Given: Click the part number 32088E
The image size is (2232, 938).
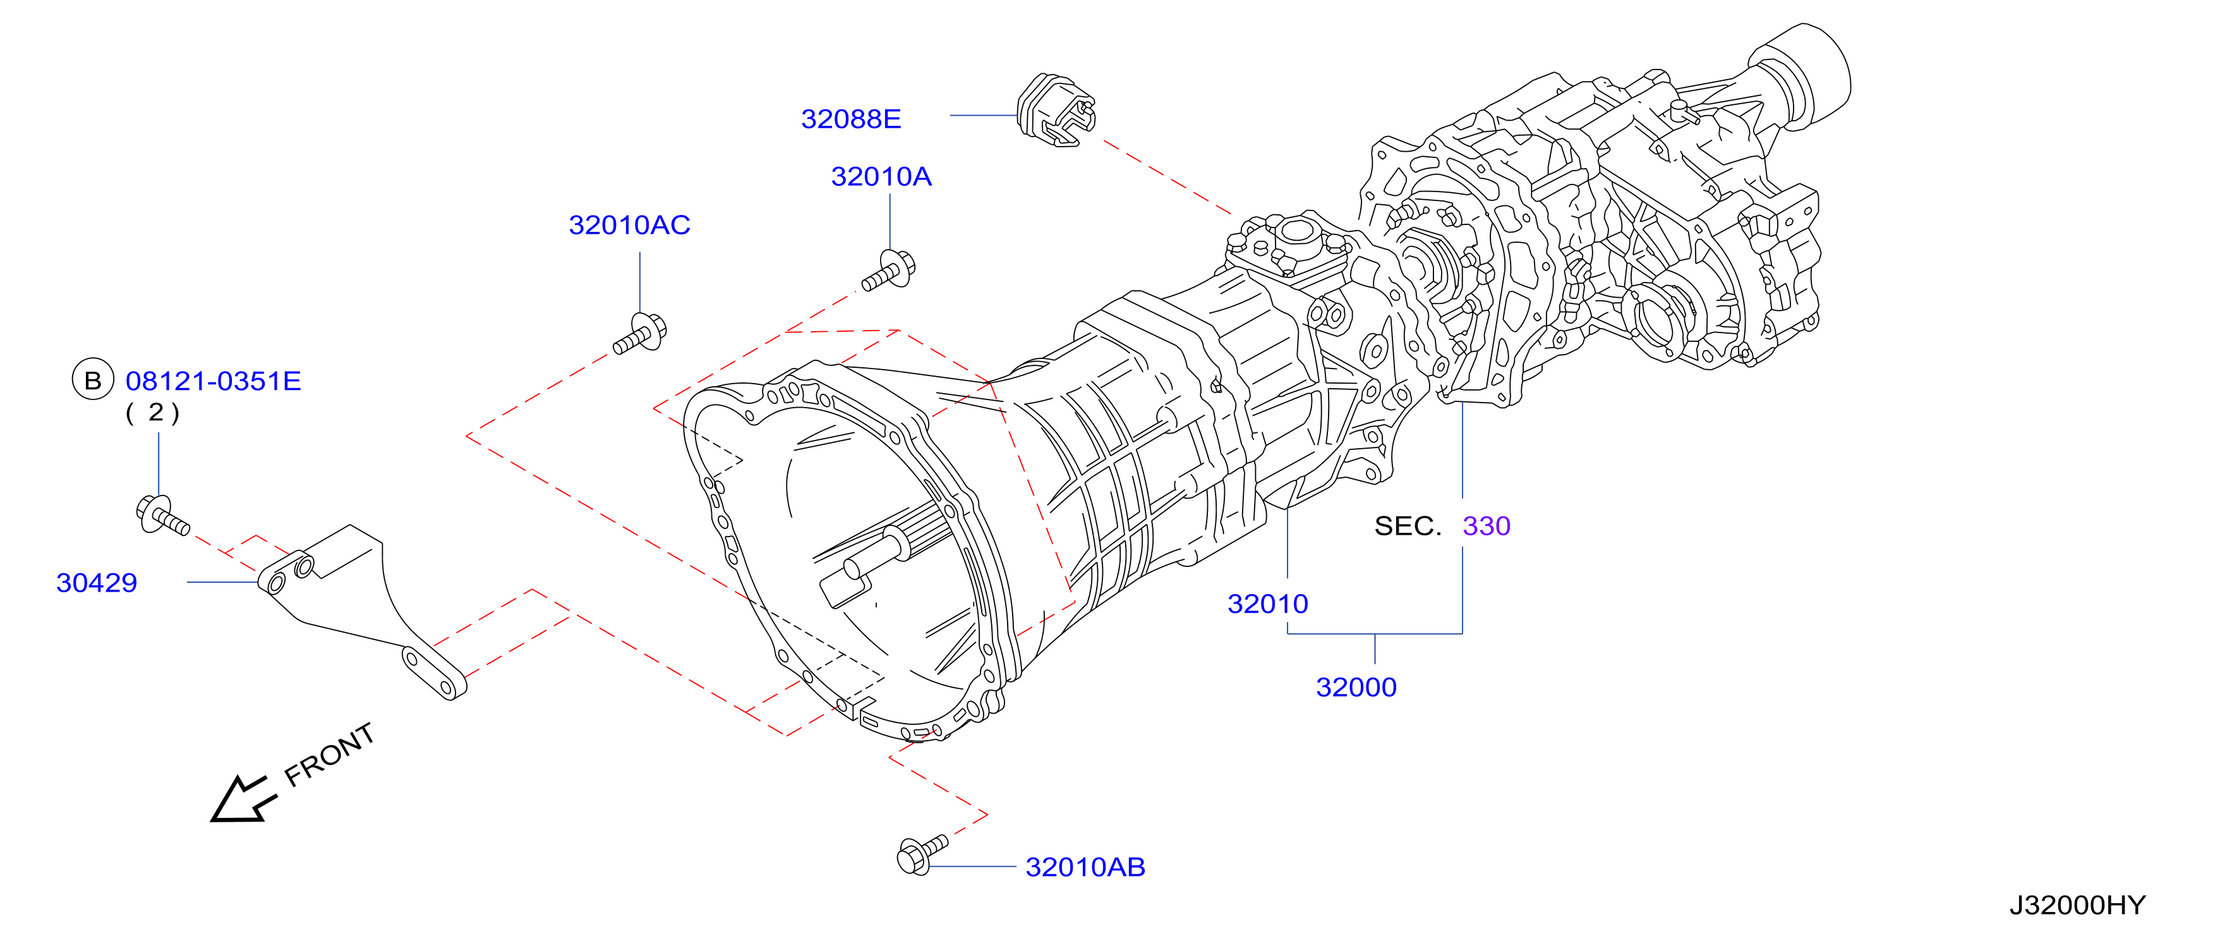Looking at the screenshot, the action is pyautogui.click(x=851, y=119).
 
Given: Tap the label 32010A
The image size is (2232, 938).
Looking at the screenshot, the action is pyautogui.click(x=881, y=177).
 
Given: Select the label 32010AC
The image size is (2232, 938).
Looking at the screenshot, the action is pyautogui.click(x=629, y=226).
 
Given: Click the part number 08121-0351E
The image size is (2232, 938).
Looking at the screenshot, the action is pyautogui.click(x=213, y=381).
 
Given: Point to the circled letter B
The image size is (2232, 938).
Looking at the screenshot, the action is pyautogui.click(x=93, y=380).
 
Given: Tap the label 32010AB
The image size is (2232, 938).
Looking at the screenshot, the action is pyautogui.click(x=1085, y=867).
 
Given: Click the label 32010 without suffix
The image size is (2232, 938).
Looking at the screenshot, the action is pyautogui.click(x=1268, y=604).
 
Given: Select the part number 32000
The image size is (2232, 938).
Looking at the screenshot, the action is pyautogui.click(x=1356, y=688).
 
